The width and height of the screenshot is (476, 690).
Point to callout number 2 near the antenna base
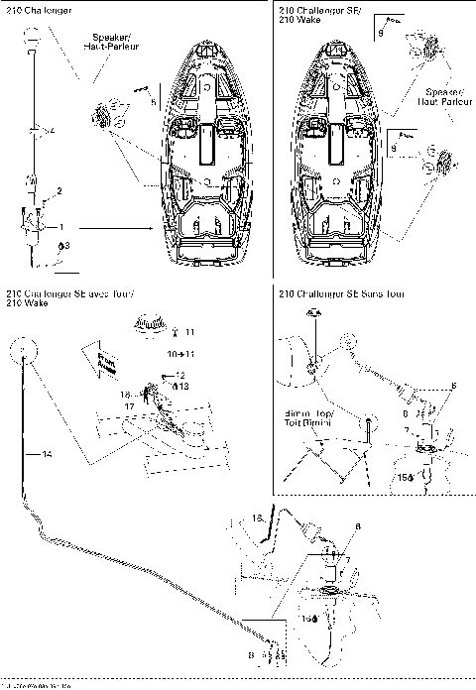pos(59,189)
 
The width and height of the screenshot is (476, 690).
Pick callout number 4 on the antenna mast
pos(52,131)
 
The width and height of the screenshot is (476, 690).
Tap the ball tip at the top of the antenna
pos(34,38)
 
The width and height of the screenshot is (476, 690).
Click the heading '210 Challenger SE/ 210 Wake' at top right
pos(312,16)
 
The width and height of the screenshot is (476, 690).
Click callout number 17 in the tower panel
pos(129,405)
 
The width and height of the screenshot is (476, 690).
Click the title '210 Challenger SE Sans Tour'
pos(342,295)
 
